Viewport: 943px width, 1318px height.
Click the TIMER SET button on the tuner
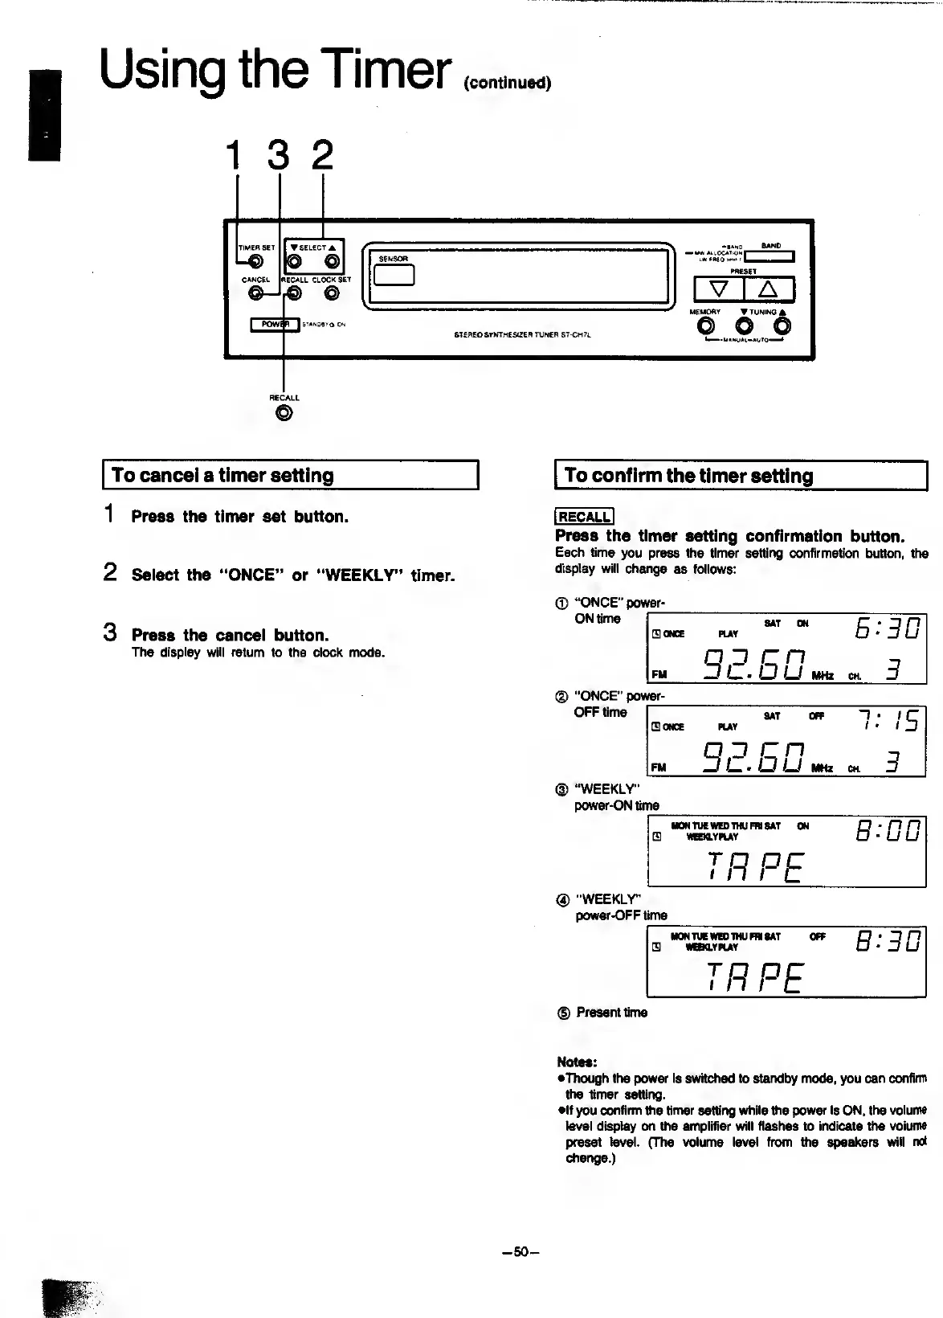pos(255,261)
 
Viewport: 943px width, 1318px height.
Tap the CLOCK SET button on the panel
pos(332,293)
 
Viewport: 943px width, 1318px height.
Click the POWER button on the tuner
pos(275,324)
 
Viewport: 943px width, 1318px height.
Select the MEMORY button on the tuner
pos(706,326)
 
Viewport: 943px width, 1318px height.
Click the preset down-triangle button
pos(718,289)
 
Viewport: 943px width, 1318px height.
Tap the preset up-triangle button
pos(769,289)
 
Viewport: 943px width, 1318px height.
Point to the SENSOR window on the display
pos(394,273)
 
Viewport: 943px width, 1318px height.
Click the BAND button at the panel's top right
pos(770,256)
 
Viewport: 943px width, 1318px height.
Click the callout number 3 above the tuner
pos(278,156)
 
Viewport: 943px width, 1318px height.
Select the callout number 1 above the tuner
pos(233,156)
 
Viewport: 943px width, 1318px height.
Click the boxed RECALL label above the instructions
pos(584,517)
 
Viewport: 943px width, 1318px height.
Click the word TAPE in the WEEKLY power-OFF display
pos(755,977)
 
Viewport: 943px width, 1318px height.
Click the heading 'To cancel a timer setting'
pos(222,475)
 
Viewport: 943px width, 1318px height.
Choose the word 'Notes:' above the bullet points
pos(577,1062)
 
